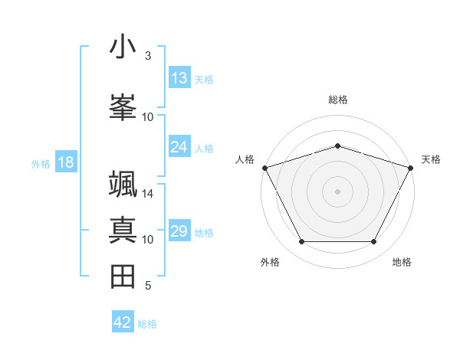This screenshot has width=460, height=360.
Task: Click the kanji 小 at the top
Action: (123, 47)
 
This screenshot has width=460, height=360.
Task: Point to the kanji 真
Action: (123, 231)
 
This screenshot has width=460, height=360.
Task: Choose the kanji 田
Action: (123, 277)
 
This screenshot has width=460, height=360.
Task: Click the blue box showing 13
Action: (179, 77)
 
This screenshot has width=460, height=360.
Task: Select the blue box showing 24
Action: (179, 146)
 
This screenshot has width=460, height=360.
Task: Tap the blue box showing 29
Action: (179, 231)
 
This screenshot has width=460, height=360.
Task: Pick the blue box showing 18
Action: (66, 162)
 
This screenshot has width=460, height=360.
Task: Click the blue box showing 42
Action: (123, 322)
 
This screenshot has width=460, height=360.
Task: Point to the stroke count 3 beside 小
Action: (148, 55)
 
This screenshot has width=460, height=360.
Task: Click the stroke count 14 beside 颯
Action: (148, 194)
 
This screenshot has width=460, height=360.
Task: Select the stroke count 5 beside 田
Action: (148, 286)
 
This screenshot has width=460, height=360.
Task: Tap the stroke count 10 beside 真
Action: (148, 240)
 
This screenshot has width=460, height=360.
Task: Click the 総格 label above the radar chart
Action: (337, 100)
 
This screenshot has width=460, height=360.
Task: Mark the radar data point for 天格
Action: (411, 168)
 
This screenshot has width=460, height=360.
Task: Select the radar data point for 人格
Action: (264, 168)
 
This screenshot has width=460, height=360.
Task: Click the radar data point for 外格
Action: (301, 242)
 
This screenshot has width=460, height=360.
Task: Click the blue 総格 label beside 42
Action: (148, 324)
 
